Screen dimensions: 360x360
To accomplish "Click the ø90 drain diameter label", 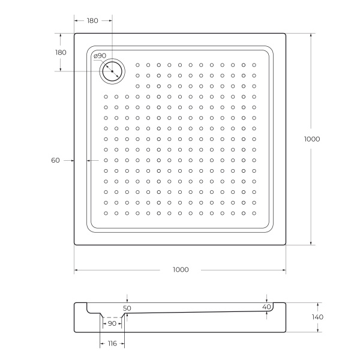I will (100, 56).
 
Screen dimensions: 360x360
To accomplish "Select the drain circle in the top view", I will (112, 71).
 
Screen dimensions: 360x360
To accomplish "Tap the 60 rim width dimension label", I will (55, 160).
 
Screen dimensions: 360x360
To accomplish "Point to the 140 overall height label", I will (317, 317).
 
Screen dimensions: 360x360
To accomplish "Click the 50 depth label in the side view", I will (127, 308).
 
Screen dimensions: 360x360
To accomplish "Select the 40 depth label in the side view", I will (267, 307).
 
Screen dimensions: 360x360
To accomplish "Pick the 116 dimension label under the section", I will (112, 343).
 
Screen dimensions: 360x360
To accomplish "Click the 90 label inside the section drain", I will (112, 324).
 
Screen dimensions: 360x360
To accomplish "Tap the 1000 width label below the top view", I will (179, 269).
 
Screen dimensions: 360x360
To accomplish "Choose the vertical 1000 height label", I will (312, 139).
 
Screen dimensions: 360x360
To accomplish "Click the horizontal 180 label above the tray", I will (92, 20).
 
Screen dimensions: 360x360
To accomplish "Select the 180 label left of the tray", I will (61, 52).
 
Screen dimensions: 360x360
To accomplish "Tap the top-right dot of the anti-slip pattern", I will (254, 65).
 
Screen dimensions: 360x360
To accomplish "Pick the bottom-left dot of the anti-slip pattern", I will (106, 213).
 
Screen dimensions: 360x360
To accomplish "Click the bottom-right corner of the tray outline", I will (286, 245).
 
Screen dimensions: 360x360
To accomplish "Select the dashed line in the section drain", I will (112, 317).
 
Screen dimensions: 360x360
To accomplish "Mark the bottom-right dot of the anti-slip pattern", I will (254, 213).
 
